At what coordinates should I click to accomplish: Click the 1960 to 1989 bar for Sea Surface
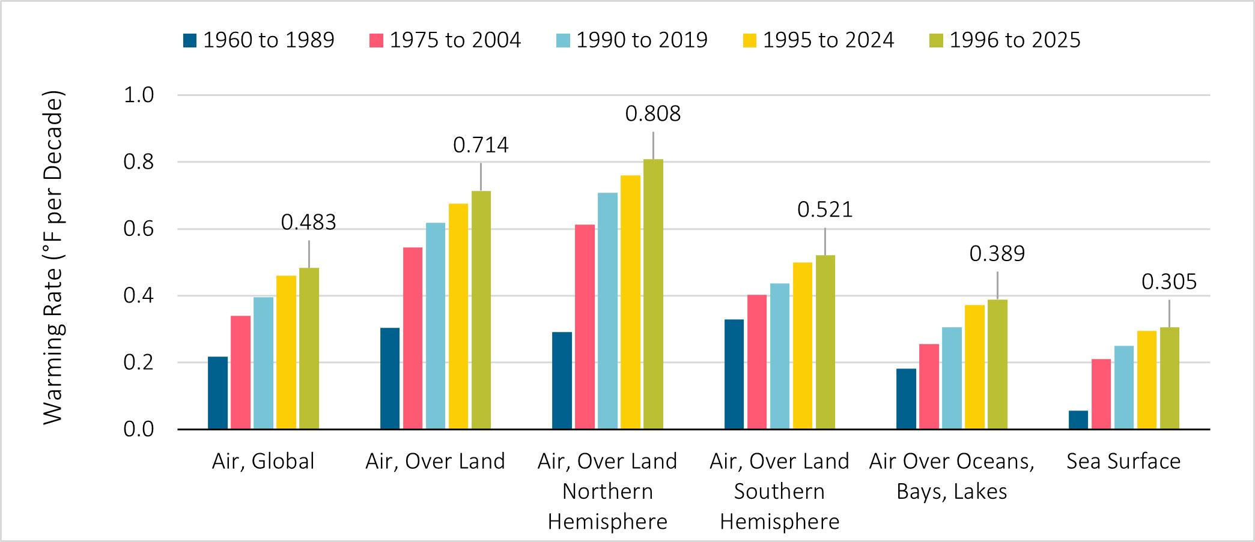click(1078, 420)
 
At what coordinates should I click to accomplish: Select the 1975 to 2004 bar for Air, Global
click(240, 372)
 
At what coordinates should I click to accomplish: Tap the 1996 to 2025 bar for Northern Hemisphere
click(653, 294)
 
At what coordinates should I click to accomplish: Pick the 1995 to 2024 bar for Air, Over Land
click(458, 316)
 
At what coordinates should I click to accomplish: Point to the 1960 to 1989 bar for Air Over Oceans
click(906, 399)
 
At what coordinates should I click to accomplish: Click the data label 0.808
click(652, 113)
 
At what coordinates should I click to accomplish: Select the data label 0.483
click(308, 222)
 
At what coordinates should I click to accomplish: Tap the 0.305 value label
click(1168, 282)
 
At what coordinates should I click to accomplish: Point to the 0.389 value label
click(997, 253)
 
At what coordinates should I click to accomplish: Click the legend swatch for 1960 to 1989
click(190, 40)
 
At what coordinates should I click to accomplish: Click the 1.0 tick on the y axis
click(139, 95)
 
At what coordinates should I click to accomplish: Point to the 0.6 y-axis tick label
click(139, 229)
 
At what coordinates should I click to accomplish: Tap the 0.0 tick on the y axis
click(139, 429)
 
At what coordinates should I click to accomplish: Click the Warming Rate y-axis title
click(53, 258)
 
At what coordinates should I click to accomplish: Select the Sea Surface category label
click(1123, 461)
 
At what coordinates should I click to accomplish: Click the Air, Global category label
click(263, 461)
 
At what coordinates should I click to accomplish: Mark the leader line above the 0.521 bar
click(825, 241)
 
